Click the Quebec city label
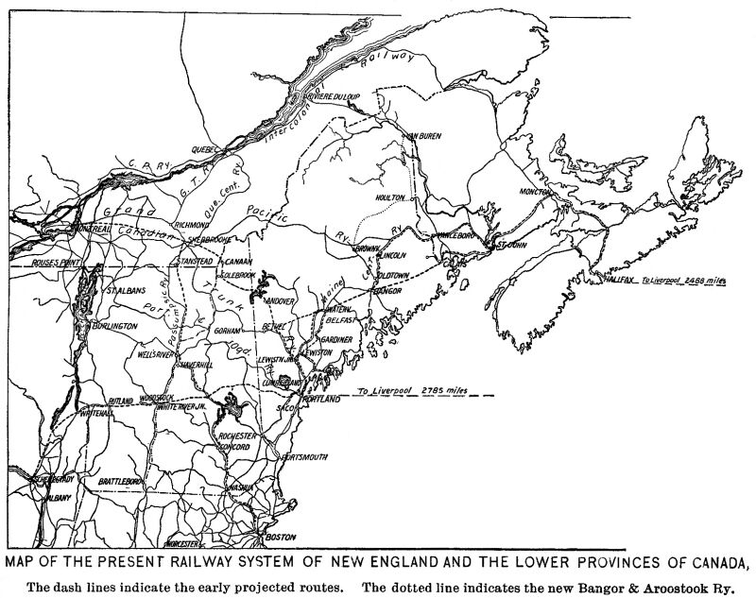[207, 148]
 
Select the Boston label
[282, 538]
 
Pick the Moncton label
[536, 192]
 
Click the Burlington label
[114, 325]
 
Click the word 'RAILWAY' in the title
[229, 565]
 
